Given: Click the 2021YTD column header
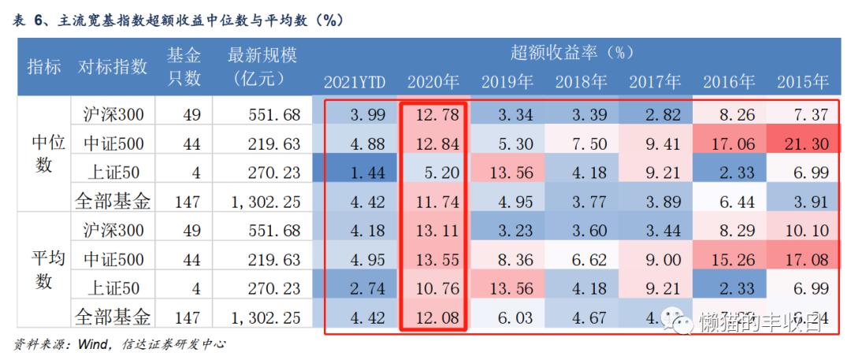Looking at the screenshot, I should [x=355, y=82].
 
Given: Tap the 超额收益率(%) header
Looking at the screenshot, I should [x=572, y=53].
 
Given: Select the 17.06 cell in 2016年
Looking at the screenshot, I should [x=730, y=143].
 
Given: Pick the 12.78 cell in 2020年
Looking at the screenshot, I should [x=432, y=114].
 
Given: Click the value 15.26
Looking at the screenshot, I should [x=730, y=259].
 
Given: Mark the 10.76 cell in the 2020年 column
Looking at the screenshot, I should [x=432, y=288].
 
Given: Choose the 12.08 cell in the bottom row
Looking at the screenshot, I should [x=432, y=317].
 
